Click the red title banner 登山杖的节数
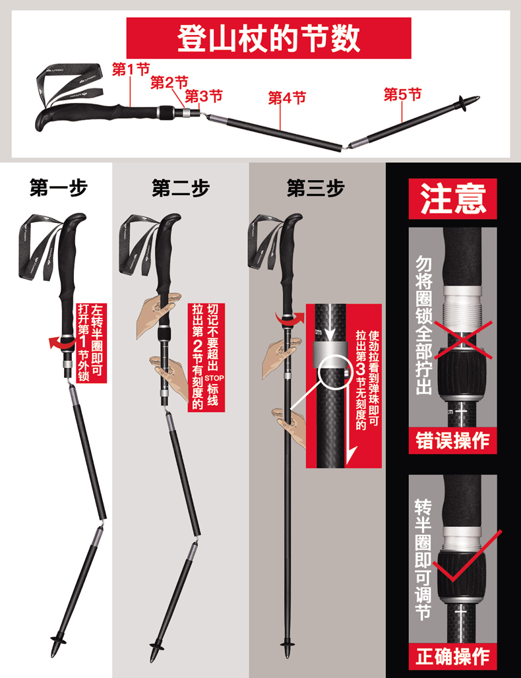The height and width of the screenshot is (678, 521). coord(268,38)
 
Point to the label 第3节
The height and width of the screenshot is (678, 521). coord(203,96)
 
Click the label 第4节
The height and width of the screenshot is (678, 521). coord(287,98)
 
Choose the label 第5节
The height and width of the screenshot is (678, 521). coord(402,94)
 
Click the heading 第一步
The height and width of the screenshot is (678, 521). coord(59,189)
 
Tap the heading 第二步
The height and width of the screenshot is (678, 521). coord(180,189)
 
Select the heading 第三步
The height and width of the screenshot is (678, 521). coord(315,189)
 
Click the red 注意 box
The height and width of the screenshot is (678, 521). coord(453,198)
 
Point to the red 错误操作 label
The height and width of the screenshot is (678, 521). coord(452,440)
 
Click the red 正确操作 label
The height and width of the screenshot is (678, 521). coord(452,656)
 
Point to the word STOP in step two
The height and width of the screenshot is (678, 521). coord(212,377)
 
